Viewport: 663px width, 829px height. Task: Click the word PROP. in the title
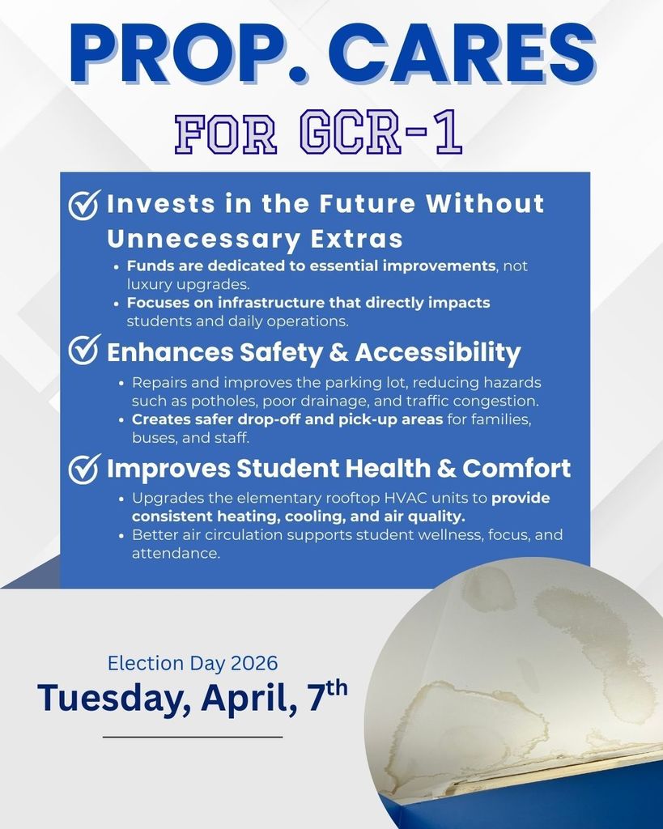point(175,54)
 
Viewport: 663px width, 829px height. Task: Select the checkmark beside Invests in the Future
point(85,206)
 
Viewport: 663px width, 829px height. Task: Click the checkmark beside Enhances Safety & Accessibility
point(85,351)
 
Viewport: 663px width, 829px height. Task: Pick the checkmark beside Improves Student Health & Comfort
point(85,469)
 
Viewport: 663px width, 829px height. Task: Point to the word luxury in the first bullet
point(149,283)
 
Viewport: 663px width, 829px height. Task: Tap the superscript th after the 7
point(336,688)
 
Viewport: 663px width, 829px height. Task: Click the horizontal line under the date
point(193,738)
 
